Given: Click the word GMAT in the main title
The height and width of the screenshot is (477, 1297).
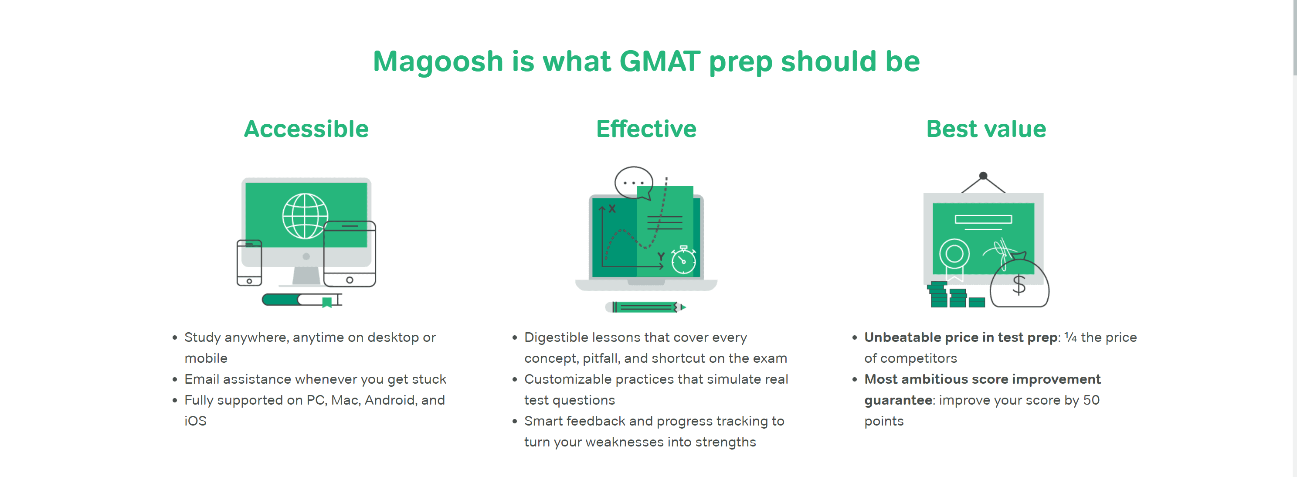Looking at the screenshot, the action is (x=659, y=61).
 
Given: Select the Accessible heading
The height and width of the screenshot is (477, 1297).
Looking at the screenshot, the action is (x=306, y=129).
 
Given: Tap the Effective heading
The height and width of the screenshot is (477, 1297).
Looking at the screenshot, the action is (x=646, y=129).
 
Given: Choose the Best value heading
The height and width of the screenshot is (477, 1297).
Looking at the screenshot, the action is (x=986, y=129).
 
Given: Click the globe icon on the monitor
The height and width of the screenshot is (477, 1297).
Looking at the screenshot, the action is (x=305, y=215).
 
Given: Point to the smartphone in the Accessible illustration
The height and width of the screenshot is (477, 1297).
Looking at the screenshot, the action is (x=249, y=263).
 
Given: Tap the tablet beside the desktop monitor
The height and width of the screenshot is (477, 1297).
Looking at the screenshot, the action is (x=350, y=254).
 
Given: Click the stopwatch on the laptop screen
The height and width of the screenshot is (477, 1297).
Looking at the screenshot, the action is (x=683, y=260).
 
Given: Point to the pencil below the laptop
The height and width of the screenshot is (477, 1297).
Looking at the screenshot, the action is (x=645, y=307).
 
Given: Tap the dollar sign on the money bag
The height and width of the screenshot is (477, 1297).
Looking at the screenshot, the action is (x=1019, y=285).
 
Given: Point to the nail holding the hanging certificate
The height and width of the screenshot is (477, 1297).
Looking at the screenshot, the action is (x=983, y=176).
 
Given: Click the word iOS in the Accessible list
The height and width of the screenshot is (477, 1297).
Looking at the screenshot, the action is (x=195, y=421).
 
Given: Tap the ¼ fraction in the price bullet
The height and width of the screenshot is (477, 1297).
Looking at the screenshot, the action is (x=1071, y=337).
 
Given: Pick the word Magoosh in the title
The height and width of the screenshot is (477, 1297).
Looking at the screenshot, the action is (x=438, y=62).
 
